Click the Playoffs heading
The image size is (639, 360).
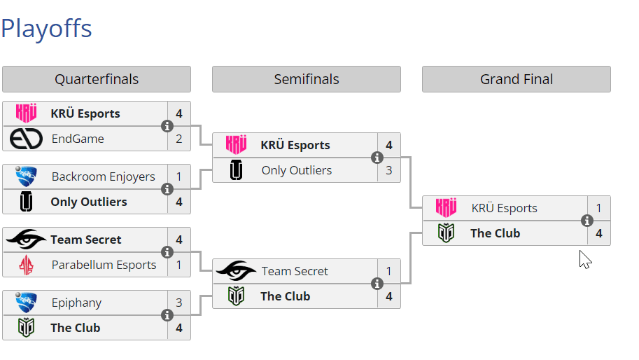click(x=46, y=29)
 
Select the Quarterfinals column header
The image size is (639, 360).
click(x=97, y=79)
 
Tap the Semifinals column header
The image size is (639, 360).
click(x=307, y=79)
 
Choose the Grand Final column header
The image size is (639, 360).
click(x=517, y=79)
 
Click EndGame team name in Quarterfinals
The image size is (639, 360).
click(x=78, y=139)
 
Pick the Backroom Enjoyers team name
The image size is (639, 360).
click(x=103, y=176)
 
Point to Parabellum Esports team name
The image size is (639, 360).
click(x=104, y=265)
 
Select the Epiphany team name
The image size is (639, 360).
click(x=76, y=303)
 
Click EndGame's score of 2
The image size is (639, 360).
click(x=179, y=139)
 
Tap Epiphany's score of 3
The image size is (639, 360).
click(x=179, y=303)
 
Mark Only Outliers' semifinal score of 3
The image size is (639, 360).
click(x=389, y=170)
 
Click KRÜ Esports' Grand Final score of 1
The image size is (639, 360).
click(x=599, y=208)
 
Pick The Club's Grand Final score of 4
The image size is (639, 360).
click(x=599, y=233)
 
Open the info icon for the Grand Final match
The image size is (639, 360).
click(x=587, y=221)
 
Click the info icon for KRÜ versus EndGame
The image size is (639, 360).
click(x=167, y=126)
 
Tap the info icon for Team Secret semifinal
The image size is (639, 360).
click(x=377, y=284)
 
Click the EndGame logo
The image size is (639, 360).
click(x=27, y=139)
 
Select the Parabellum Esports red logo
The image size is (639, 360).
click(x=27, y=265)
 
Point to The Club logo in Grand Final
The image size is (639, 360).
click(x=447, y=233)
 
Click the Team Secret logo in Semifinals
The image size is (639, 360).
click(x=237, y=271)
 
